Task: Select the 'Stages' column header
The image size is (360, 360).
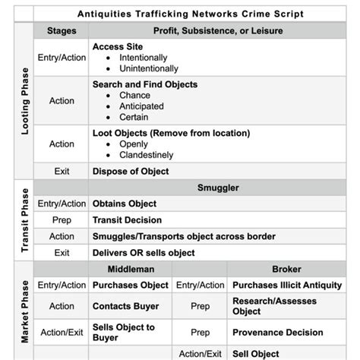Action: click(62, 30)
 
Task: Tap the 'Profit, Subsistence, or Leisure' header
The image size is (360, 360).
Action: click(219, 30)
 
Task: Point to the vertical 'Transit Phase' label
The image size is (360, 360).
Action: click(24, 219)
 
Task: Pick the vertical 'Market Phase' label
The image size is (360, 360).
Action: click(24, 311)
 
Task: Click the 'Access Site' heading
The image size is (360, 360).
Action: click(118, 47)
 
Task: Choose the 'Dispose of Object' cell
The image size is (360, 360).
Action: click(131, 172)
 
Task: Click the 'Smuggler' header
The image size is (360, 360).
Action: click(219, 188)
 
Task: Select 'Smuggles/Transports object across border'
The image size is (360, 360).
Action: click(184, 236)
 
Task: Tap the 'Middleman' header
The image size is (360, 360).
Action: click(131, 269)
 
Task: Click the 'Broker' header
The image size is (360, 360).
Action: click(286, 269)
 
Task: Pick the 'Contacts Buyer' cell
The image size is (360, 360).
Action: click(125, 306)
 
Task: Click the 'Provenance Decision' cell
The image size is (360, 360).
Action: click(277, 333)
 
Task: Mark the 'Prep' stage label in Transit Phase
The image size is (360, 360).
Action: click(62, 220)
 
